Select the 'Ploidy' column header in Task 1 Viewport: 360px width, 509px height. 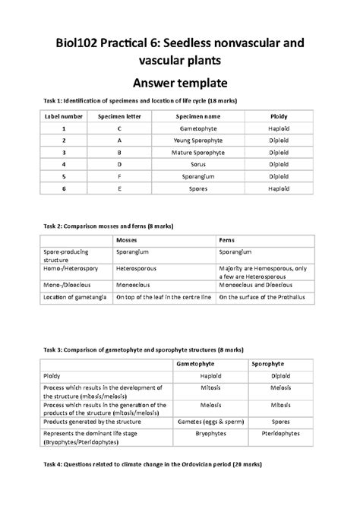click(x=279, y=116)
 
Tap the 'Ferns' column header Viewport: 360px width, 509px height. click(x=226, y=238)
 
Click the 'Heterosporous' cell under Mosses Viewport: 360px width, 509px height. click(x=136, y=268)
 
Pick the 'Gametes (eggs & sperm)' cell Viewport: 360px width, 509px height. click(x=195, y=420)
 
